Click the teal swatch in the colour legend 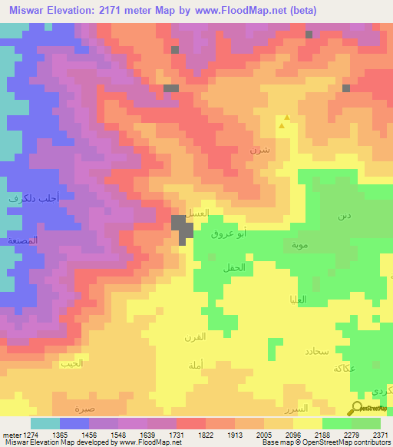click(45, 423)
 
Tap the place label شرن click(259, 148)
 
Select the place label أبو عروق click(230, 233)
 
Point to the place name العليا click(296, 300)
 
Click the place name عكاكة click(344, 368)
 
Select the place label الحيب click(71, 363)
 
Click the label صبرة click(85, 408)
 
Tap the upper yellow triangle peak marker click(286, 118)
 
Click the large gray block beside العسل click(183, 228)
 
